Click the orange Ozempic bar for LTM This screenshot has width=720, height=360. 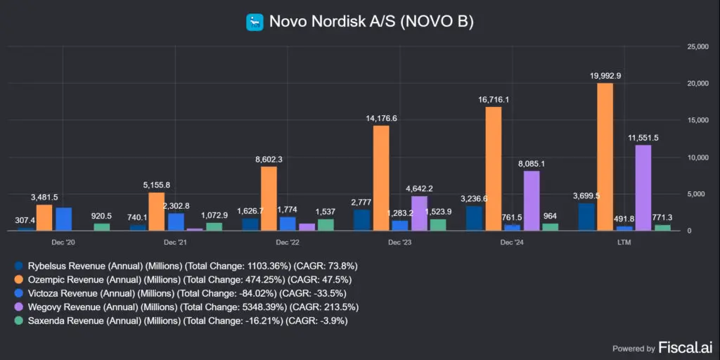(x=605, y=157)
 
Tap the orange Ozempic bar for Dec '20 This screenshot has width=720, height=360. (x=44, y=217)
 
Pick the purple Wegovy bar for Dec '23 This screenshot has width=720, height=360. (x=419, y=213)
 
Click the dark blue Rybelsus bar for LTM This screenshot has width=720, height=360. (x=586, y=217)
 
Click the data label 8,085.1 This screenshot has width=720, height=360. (x=532, y=163)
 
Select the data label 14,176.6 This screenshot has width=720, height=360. (x=382, y=118)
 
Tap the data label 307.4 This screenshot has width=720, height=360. (x=25, y=220)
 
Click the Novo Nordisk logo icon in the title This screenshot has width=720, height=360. (x=254, y=22)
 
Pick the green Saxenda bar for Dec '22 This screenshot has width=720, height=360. (x=325, y=225)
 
